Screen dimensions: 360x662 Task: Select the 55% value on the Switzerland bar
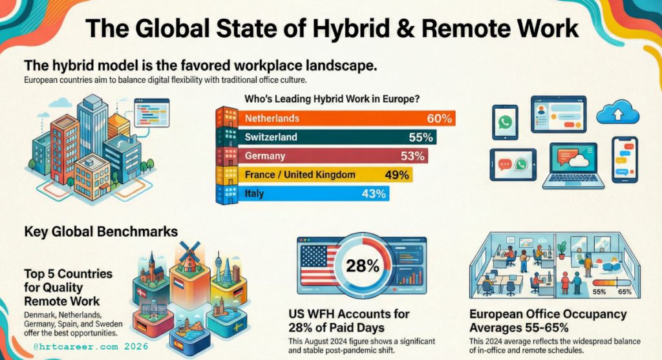[x=422, y=137]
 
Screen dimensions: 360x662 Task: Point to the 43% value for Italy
[x=374, y=193]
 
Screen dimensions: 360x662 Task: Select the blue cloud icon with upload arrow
[x=617, y=114]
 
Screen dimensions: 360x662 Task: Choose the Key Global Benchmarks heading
[x=100, y=231]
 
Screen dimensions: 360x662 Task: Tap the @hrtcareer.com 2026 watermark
[x=91, y=346]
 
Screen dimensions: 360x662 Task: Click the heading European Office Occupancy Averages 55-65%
[x=548, y=320]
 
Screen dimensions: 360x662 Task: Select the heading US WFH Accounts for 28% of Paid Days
[x=349, y=320]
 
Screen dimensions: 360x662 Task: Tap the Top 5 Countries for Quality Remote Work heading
[x=63, y=287]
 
